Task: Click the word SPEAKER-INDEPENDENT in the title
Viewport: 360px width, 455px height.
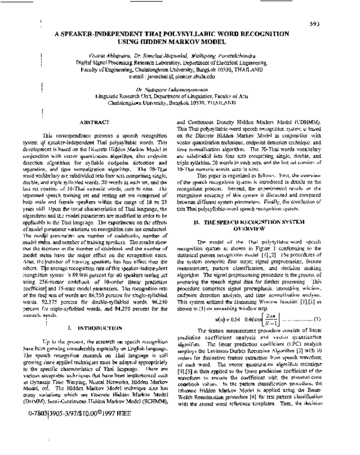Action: (x=121, y=35)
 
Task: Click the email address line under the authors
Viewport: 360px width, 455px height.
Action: (x=179, y=77)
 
